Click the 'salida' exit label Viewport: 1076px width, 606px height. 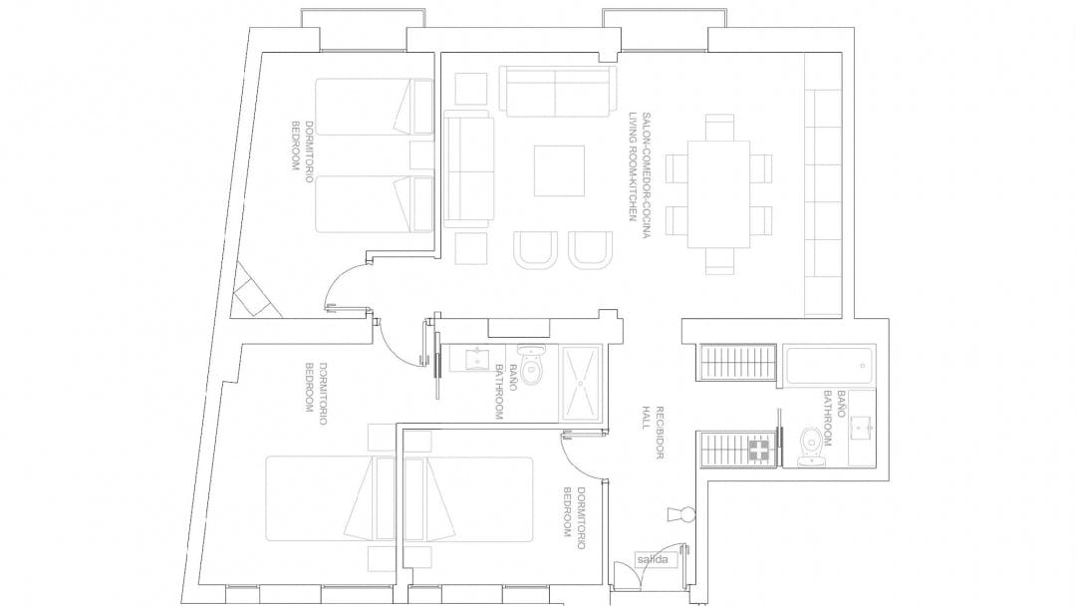click(x=652, y=559)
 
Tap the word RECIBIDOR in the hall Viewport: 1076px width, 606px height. click(x=660, y=433)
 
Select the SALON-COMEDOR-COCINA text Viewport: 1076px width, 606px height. click(x=646, y=175)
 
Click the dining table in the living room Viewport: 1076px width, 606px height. click(x=718, y=194)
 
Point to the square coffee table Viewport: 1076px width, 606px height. click(x=559, y=170)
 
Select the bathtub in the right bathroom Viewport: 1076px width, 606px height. click(x=829, y=366)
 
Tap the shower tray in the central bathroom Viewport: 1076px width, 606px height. click(x=582, y=383)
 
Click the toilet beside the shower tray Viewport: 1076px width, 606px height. click(x=532, y=365)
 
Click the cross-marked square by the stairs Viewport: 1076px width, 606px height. click(x=758, y=451)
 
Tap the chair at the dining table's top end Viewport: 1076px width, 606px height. click(x=719, y=127)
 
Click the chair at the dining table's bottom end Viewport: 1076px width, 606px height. click(x=719, y=261)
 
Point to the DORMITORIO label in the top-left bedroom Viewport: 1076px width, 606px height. click(x=310, y=151)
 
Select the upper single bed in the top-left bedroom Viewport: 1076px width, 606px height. click(x=374, y=107)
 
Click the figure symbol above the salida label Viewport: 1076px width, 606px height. click(x=681, y=514)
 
